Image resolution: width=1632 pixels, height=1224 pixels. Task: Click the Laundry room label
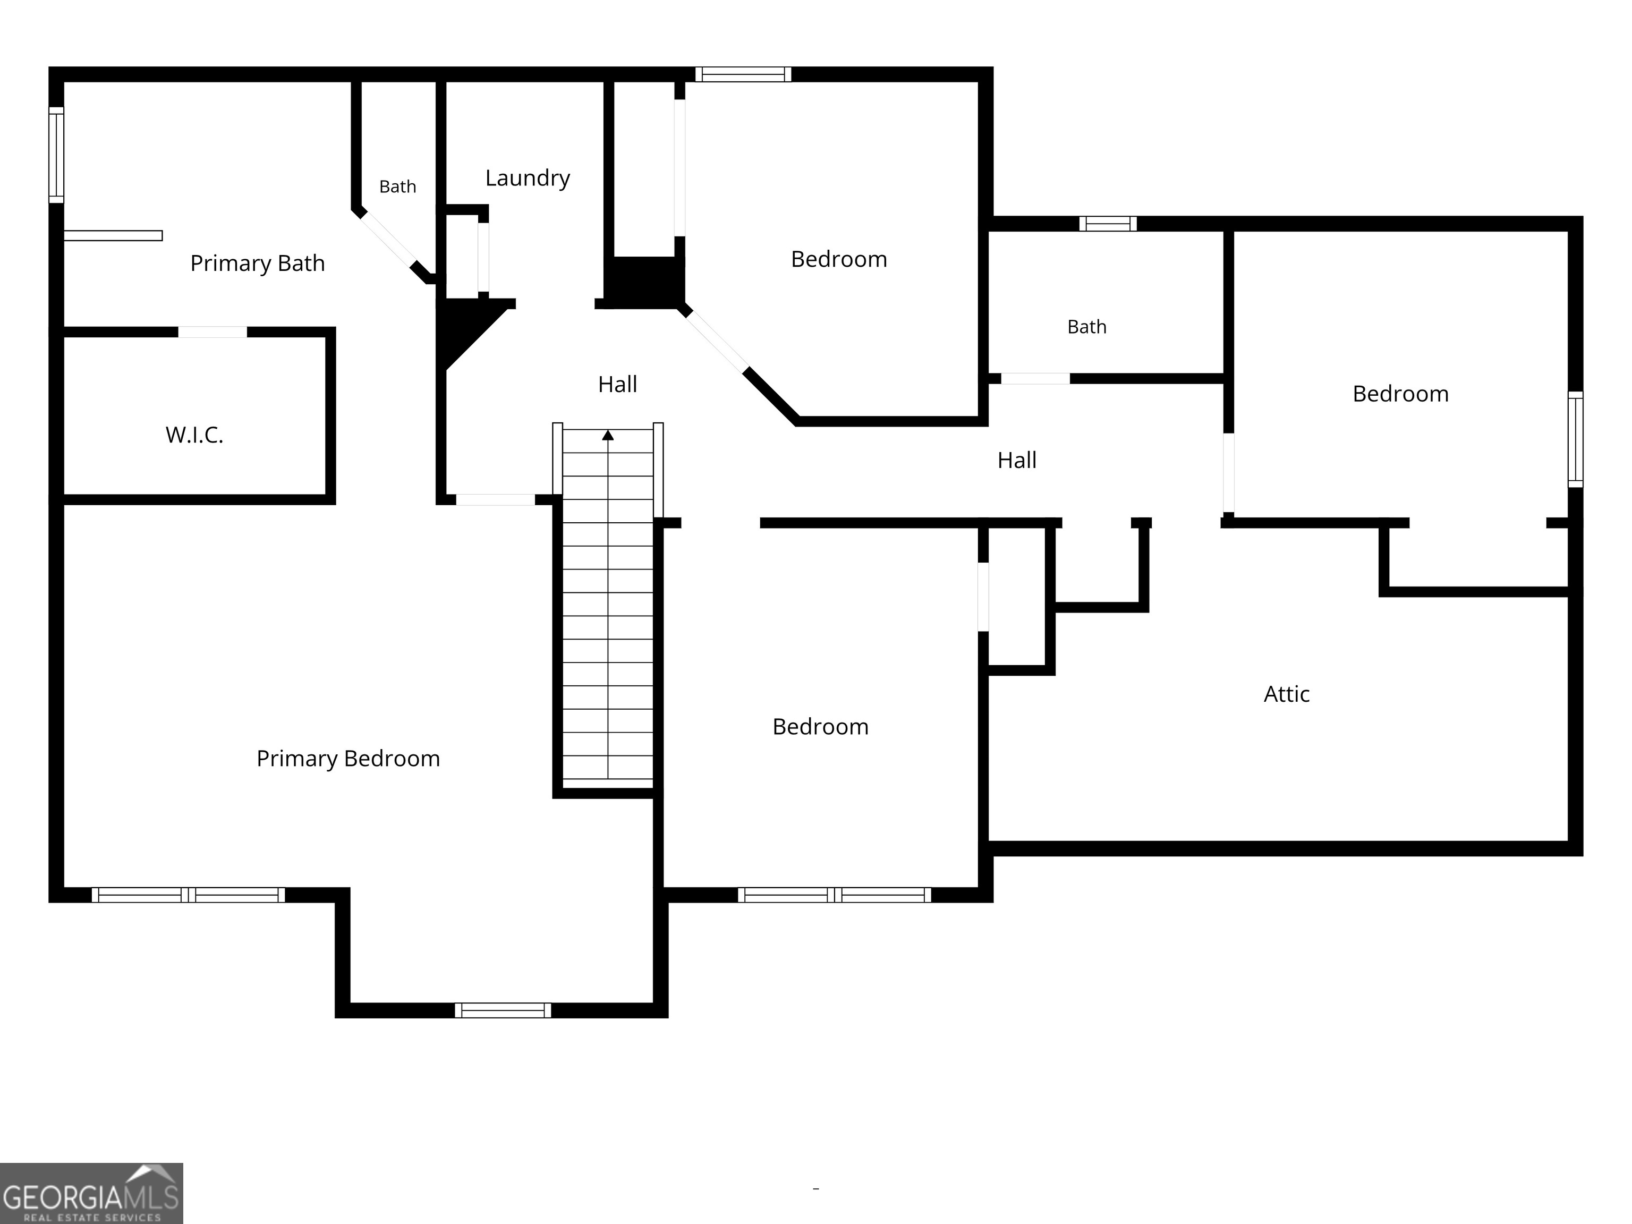tap(528, 178)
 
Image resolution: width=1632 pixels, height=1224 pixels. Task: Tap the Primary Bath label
tap(258, 263)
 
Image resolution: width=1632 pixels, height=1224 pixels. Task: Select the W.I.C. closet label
tap(194, 435)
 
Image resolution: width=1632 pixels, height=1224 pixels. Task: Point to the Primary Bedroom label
tap(348, 759)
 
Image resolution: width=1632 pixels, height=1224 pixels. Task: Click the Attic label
tap(1287, 694)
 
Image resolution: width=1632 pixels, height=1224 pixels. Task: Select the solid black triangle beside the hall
tap(465, 329)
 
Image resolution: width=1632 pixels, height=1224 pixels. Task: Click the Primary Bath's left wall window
tap(56, 155)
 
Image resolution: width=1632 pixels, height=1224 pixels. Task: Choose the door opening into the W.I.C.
tap(212, 332)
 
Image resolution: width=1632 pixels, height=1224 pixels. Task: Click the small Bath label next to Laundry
tap(398, 186)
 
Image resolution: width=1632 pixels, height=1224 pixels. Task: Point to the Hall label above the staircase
tap(617, 385)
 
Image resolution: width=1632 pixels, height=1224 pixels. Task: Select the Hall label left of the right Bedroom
tap(1017, 461)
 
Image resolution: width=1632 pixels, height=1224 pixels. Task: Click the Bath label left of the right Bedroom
tap(1087, 327)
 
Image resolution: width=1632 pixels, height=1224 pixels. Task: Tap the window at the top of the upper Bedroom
tap(743, 74)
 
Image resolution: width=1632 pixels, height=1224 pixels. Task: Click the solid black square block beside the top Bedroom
tap(644, 283)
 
